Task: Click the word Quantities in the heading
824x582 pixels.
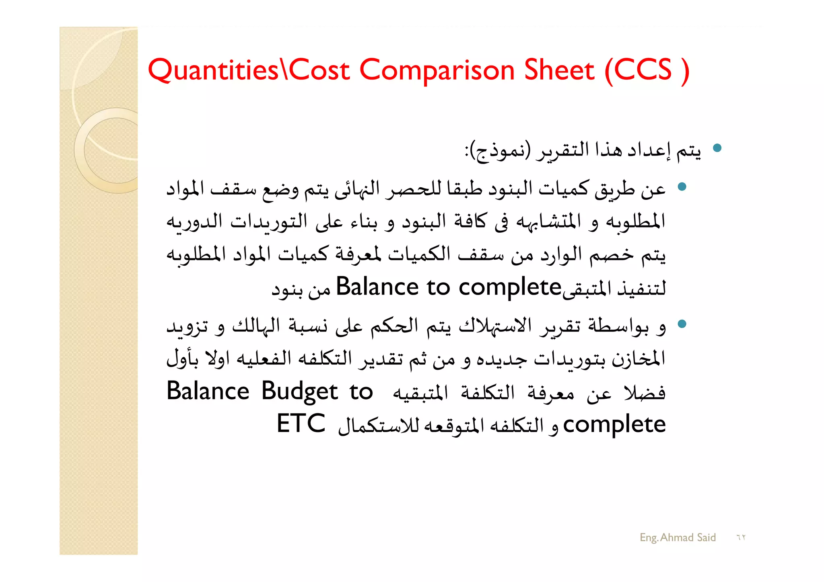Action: tap(213, 70)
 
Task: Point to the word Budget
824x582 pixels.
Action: tap(300, 391)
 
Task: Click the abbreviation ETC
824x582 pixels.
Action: tap(301, 424)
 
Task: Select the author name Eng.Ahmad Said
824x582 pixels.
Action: tap(678, 537)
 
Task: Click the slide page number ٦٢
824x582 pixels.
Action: tap(741, 537)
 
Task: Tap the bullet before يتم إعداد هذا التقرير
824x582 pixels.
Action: tap(717, 148)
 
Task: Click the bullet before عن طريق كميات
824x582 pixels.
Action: tap(682, 186)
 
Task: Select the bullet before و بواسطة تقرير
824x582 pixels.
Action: tap(682, 324)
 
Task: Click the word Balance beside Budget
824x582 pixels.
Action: tap(208, 391)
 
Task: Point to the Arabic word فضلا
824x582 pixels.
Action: tap(644, 392)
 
